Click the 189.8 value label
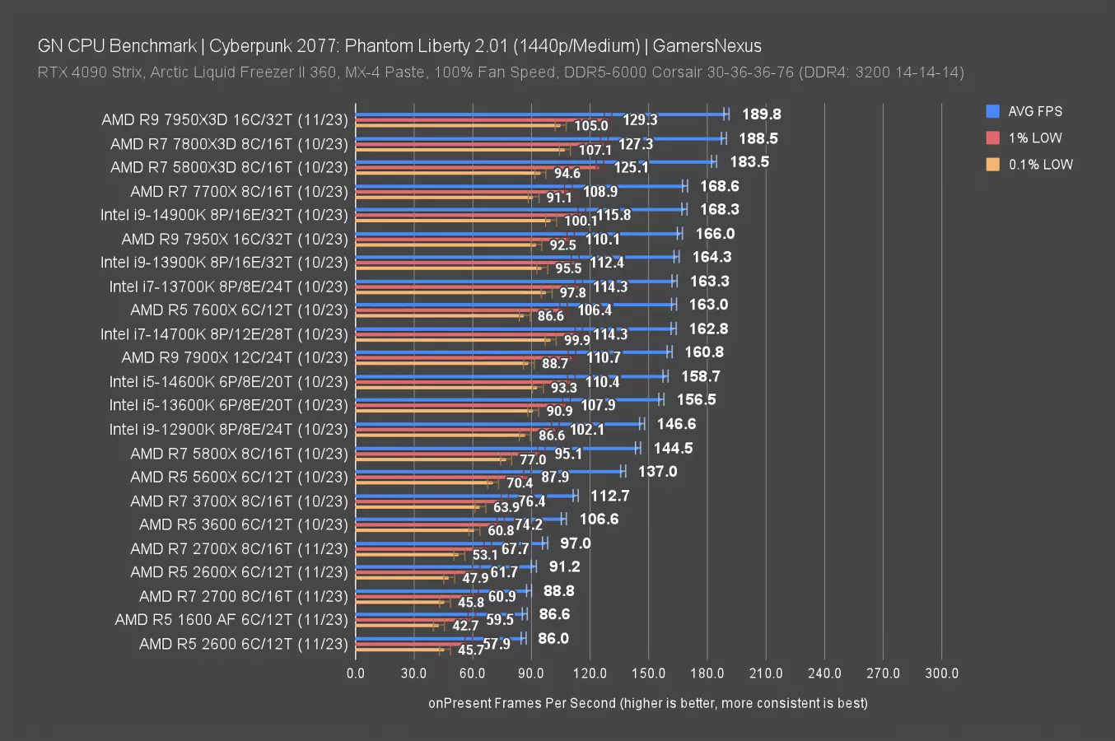pos(761,114)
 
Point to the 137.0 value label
pos(657,472)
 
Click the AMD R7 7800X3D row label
pos(229,144)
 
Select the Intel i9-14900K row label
pos(224,215)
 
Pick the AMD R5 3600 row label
pos(244,524)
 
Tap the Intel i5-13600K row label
pos(229,405)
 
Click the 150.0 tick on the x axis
pos(648,673)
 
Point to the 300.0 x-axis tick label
pos(941,673)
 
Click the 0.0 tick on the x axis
pos(356,673)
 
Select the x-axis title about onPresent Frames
pos(647,703)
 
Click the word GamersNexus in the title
pos(707,46)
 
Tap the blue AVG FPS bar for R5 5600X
pos(490,472)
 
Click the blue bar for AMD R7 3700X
pos(465,496)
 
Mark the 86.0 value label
pos(553,639)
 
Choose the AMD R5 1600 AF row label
pos(231,620)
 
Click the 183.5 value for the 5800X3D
pos(749,162)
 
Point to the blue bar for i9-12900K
pos(498,424)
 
